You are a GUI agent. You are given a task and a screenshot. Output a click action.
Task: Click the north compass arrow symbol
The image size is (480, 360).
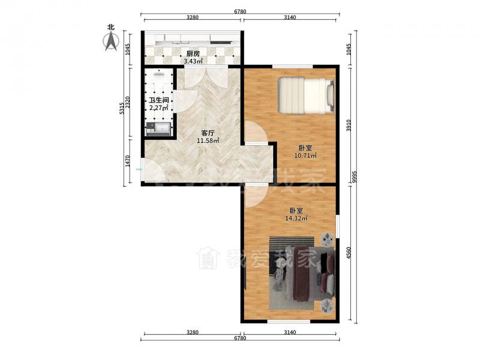coord(111,41)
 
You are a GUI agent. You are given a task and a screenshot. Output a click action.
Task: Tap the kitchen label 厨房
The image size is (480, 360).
coord(193,53)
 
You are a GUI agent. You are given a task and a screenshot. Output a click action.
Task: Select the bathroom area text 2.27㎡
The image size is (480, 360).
coord(159,107)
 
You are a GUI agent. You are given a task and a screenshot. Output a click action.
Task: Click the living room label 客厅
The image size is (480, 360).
coord(208,133)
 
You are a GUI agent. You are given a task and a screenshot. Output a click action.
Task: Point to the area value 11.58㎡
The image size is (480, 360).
coord(208,140)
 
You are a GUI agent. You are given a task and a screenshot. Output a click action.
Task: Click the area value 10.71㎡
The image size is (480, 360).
coord(305,155)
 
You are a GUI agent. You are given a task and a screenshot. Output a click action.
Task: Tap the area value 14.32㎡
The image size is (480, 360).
coord(296,218)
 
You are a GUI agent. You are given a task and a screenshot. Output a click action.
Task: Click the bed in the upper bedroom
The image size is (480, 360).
coord(306,95)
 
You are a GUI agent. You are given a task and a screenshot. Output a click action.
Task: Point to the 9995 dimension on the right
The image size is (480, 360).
coord(354,176)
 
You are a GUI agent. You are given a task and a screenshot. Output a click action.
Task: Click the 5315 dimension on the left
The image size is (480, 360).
coord(121,109)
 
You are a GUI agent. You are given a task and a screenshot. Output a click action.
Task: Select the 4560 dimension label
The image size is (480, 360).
coord(349,253)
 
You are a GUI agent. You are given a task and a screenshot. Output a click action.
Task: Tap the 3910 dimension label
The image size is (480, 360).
coord(349,125)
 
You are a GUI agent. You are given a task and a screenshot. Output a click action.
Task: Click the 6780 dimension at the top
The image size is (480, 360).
coord(240,11)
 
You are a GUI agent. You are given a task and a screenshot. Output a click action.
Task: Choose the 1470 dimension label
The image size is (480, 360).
coord(128,161)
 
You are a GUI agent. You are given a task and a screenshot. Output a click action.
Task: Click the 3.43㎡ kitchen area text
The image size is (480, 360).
coord(193,61)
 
